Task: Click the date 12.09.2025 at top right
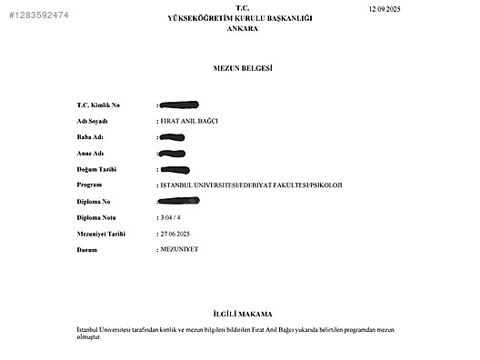click(x=385, y=8)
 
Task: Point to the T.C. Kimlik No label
click(x=100, y=105)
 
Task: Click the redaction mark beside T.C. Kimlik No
click(x=179, y=105)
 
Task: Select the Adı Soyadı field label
click(x=94, y=122)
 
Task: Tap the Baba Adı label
click(x=90, y=137)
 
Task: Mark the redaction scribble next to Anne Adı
click(x=173, y=154)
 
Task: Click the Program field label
click(x=90, y=185)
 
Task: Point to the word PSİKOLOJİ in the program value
click(x=325, y=185)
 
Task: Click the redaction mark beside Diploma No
click(x=179, y=201)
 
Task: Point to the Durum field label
click(x=87, y=249)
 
